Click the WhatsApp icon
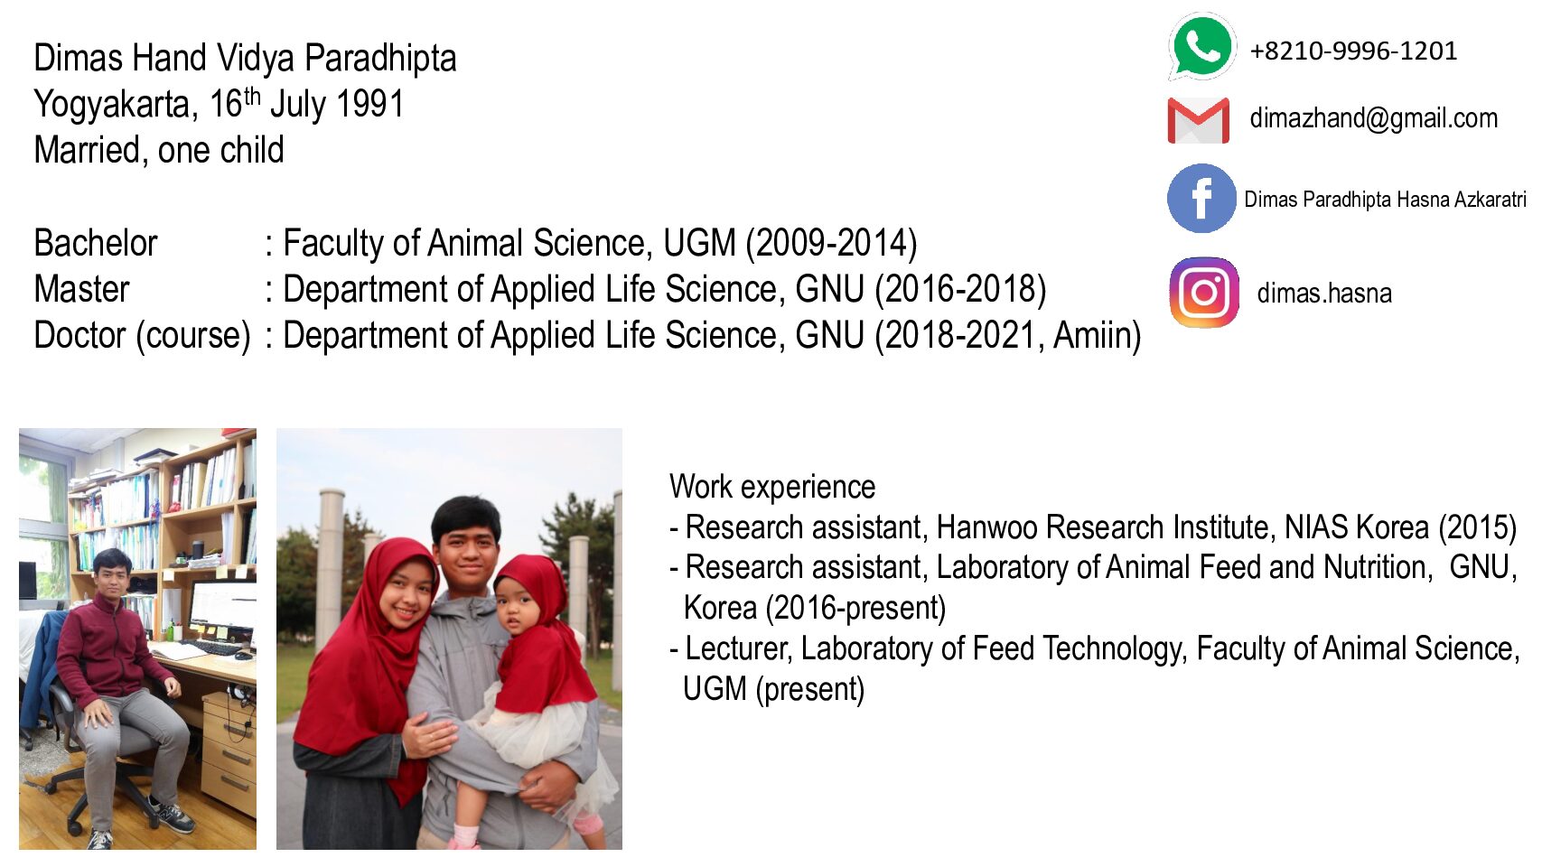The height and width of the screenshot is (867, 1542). pos(1201,47)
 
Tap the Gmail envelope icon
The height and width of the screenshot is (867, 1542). pos(1199,120)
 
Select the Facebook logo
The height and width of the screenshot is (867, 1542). pos(1202,198)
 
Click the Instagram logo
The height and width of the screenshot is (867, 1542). pos(1204,293)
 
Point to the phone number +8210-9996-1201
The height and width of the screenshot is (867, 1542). pos(1353,51)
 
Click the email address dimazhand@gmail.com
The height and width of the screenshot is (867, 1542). pos(1373,118)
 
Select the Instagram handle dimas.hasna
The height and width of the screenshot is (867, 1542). pos(1323,294)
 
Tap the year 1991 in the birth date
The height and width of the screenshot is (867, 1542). pos(369,104)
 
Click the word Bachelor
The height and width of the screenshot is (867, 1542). pos(96,243)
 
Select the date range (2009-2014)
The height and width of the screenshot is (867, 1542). pos(832,244)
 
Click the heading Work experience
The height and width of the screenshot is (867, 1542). pos(772,487)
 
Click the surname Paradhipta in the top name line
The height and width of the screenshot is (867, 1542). pos(380,59)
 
